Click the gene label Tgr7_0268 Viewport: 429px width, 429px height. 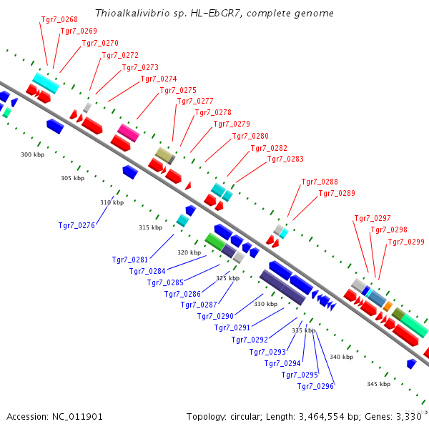point(59,19)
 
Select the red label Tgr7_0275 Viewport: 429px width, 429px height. point(178,90)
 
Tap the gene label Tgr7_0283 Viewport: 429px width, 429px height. point(285,159)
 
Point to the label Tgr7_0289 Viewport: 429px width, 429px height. point(337,193)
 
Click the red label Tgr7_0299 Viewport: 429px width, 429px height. point(406,242)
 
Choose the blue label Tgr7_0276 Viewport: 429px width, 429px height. point(77,225)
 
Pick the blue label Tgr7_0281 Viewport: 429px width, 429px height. point(130,260)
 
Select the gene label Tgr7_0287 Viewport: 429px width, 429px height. point(199,305)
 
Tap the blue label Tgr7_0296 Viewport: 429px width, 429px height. point(316,386)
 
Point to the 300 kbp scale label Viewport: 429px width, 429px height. point(32,154)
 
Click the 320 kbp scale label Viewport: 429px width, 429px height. point(189,252)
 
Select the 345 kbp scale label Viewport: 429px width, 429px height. point(378,384)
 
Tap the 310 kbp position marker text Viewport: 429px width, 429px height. point(112,202)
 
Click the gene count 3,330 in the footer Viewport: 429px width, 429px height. point(409,416)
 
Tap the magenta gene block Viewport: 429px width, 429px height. point(129,132)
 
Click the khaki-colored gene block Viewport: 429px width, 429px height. point(164,155)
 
